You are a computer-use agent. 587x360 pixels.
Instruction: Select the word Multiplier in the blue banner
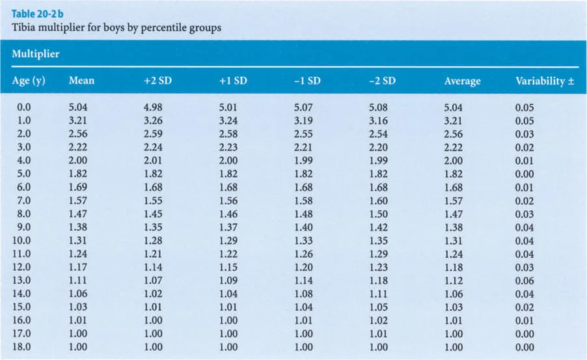coord(36,54)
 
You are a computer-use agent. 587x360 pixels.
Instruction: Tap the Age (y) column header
coord(29,81)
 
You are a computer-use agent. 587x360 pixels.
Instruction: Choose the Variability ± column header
coord(539,81)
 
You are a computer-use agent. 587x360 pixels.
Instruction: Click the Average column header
coord(462,81)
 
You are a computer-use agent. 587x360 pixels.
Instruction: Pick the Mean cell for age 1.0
coord(77,120)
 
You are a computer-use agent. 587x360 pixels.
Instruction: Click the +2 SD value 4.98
coord(153,107)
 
